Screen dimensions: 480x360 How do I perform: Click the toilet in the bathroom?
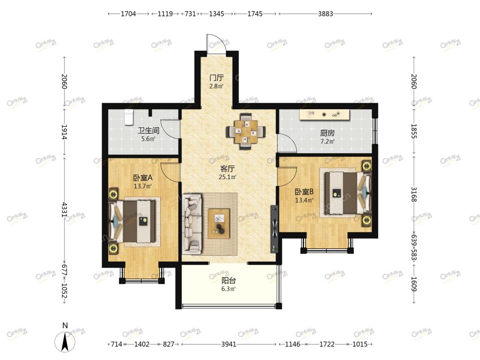129,117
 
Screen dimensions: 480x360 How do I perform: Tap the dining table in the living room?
246,132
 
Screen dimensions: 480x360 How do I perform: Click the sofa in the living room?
192,224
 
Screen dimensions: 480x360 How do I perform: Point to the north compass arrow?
65,342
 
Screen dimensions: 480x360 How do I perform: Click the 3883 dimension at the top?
325,14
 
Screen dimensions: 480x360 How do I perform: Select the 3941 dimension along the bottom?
229,344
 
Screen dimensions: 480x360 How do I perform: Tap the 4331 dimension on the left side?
64,210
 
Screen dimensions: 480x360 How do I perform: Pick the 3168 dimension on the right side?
413,195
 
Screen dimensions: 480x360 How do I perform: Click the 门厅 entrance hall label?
217,78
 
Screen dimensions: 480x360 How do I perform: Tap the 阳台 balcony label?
229,280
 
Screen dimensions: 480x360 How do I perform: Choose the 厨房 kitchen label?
327,133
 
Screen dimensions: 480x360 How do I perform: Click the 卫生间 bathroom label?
149,131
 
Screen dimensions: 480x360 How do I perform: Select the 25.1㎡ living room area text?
228,177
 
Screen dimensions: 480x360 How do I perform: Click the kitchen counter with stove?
325,114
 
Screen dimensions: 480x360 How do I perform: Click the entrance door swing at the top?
217,45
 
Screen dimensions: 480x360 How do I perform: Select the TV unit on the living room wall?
274,229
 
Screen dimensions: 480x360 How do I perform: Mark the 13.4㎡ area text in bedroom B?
304,200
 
